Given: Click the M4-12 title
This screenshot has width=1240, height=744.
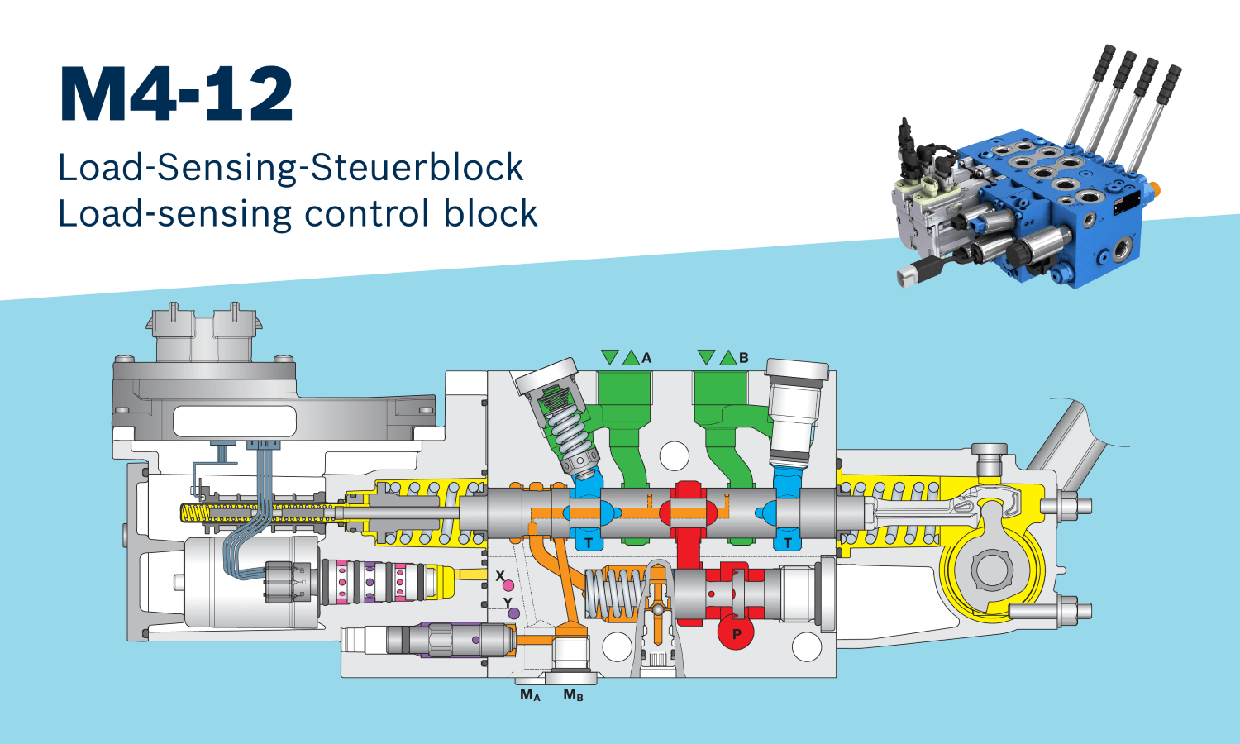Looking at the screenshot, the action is (x=176, y=93).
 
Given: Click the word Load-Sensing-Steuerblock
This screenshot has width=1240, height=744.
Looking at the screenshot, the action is (x=291, y=168).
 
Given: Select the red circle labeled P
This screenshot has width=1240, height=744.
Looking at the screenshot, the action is (x=737, y=633).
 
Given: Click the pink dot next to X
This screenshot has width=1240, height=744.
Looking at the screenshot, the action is (x=508, y=585).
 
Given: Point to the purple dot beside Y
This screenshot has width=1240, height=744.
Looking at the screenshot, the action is (x=513, y=613).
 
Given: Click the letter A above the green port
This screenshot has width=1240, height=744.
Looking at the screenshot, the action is (x=646, y=358).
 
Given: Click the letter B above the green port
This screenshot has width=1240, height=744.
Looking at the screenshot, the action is (x=743, y=358).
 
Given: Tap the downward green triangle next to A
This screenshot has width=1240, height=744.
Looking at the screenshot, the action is (x=609, y=357).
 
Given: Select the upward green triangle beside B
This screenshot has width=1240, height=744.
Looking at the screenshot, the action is (x=728, y=358).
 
